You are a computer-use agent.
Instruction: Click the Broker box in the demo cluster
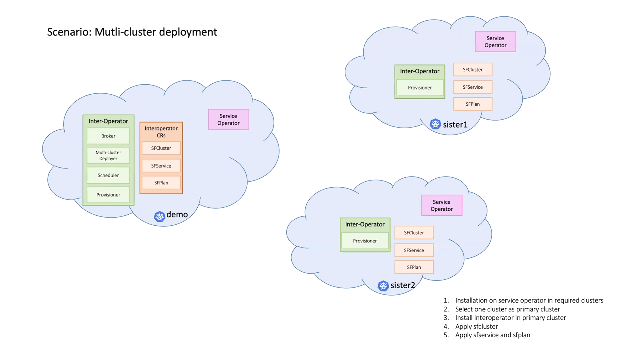pos(108,136)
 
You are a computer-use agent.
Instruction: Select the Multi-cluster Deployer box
pos(108,155)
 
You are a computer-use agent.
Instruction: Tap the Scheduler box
pos(108,175)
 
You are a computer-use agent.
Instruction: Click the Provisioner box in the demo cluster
pos(108,195)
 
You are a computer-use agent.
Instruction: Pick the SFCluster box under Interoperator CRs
pos(161,148)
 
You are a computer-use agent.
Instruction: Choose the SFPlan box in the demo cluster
pos(161,183)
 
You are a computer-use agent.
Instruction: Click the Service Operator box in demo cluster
pos(229,119)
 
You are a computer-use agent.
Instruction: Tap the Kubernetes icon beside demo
pos(160,216)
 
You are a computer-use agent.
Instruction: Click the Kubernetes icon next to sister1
pos(435,124)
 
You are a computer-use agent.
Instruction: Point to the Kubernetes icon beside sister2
pos(383,286)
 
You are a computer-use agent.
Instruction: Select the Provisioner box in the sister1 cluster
pos(420,88)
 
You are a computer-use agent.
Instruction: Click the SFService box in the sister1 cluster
pos(473,87)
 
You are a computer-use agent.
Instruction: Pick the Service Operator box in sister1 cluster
pos(496,42)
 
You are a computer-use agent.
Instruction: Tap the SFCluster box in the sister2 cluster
pos(414,233)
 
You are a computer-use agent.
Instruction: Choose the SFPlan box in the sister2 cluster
pos(414,267)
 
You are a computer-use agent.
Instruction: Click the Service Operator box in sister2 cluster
pos(442,205)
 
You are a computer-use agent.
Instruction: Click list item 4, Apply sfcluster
pos(477,326)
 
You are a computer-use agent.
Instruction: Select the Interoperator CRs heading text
pos(161,132)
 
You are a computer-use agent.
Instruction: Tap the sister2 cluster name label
pos(403,285)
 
